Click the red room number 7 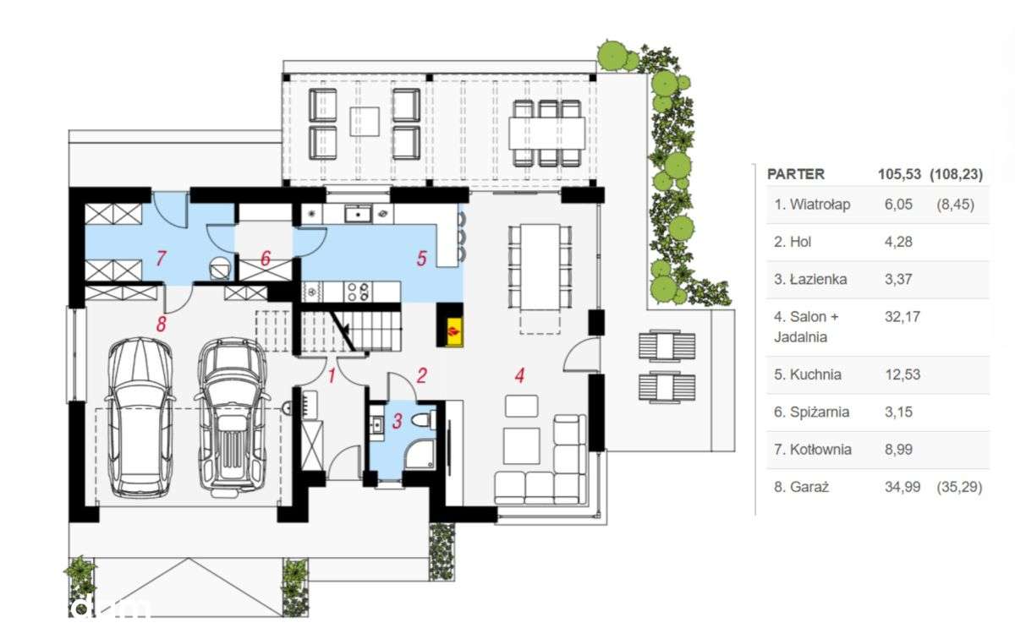coord(161,259)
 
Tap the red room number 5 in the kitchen coord(421,259)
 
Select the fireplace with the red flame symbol coord(450,325)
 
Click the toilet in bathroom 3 coord(424,420)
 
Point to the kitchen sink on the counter coord(358,213)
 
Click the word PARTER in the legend coord(796,174)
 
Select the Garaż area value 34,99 coord(903,487)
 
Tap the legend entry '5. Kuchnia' coord(808,375)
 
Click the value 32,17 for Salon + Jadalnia coord(903,317)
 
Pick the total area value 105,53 coord(899,174)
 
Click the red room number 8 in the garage coord(161,325)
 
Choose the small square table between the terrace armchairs coord(365,122)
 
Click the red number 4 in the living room coord(519,375)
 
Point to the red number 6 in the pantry coord(266,259)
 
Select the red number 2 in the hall coord(421,375)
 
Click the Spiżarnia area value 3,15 coord(898,412)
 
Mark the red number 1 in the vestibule coord(332,376)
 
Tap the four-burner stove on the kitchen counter coord(358,291)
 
